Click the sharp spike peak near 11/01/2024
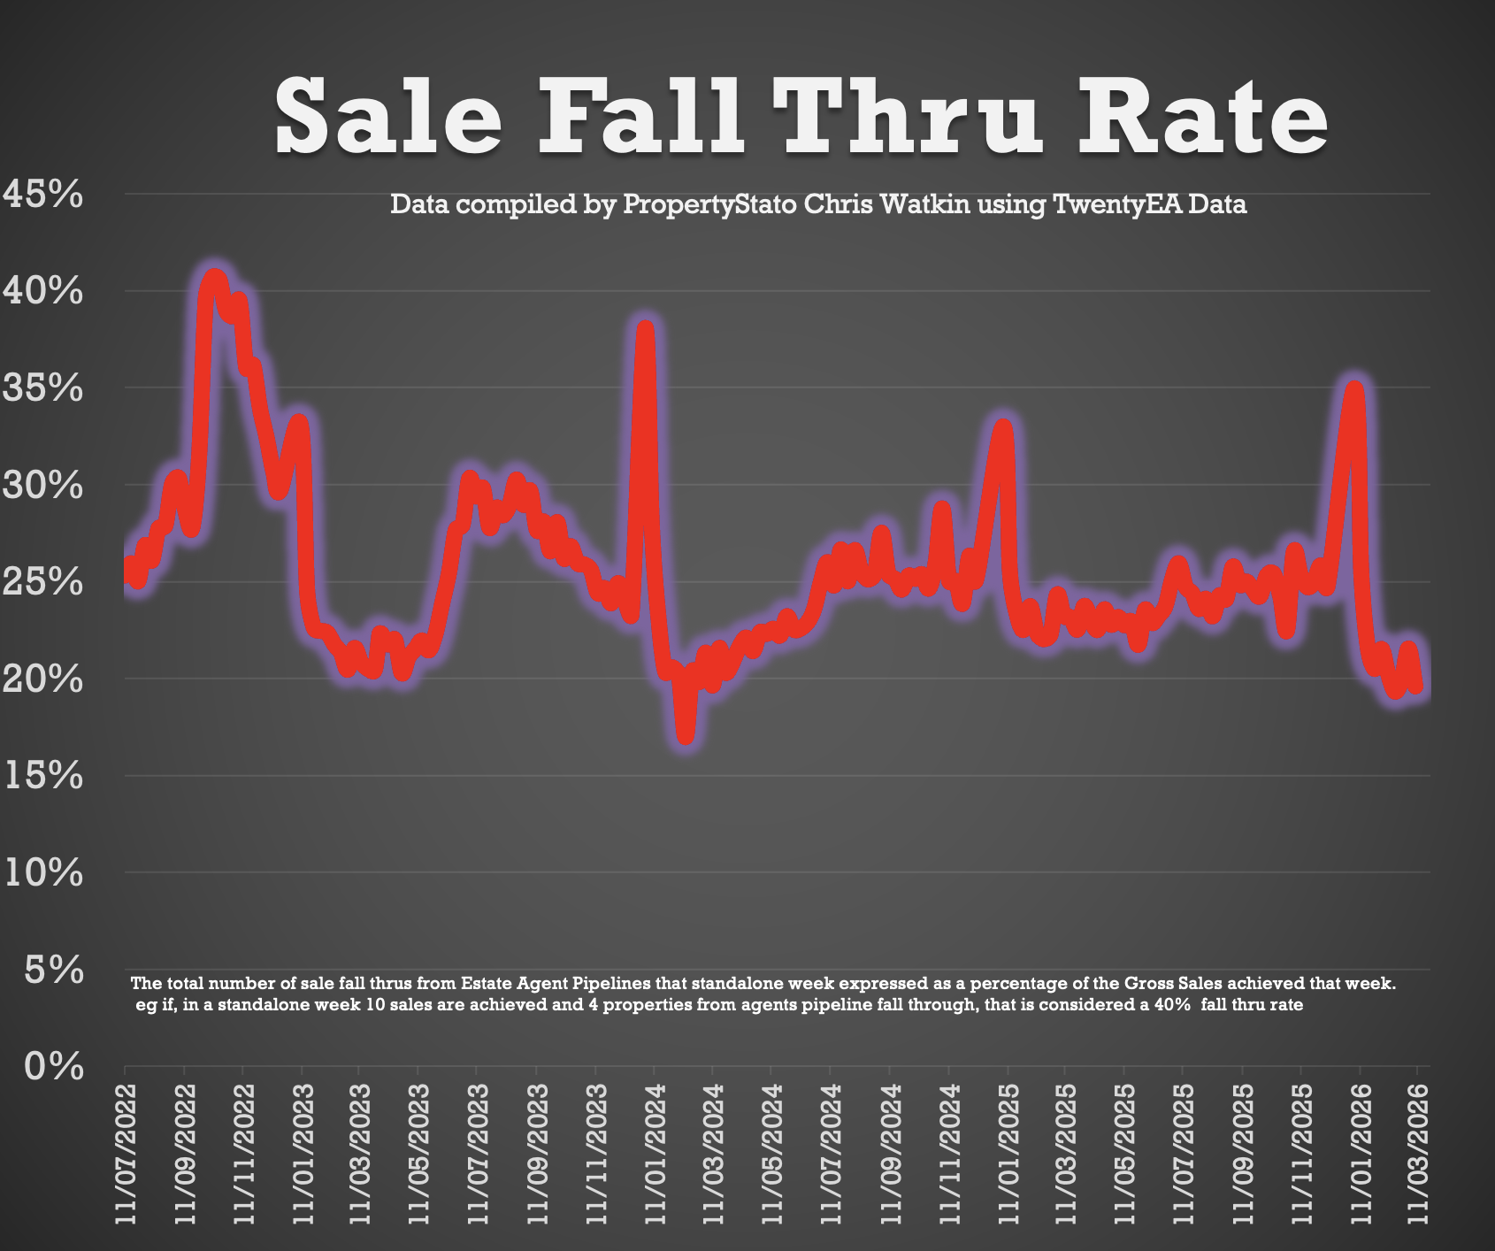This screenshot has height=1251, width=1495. pos(645,328)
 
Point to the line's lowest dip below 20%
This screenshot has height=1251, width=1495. pos(686,737)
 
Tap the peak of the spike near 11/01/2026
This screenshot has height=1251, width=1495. pos(1354,387)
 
